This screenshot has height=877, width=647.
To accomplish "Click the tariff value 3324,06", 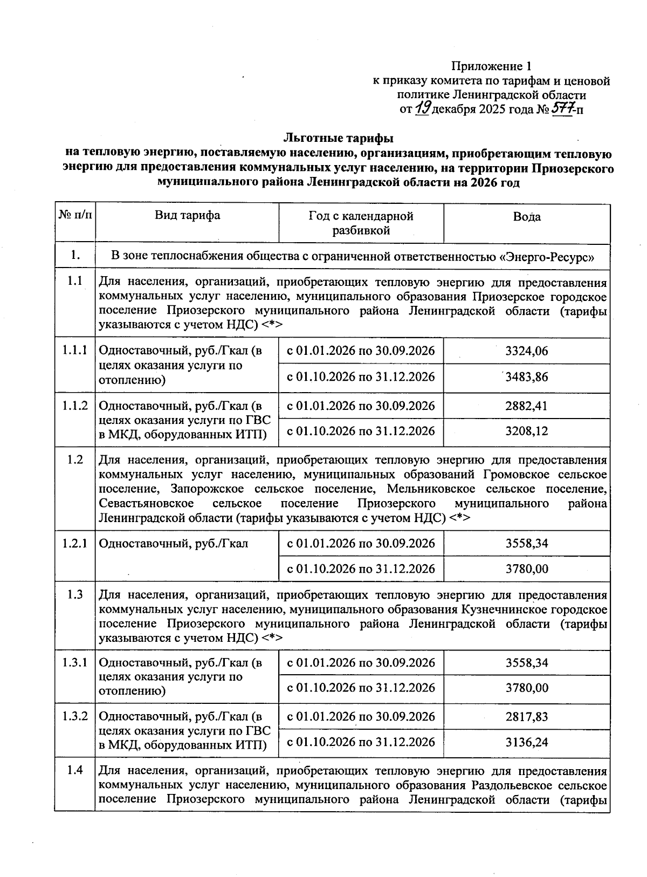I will pos(526,351).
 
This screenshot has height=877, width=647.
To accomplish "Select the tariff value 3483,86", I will pos(526,376).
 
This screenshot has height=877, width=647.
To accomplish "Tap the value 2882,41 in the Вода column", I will pos(526,406).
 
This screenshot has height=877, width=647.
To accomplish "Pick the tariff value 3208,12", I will pos(526,431).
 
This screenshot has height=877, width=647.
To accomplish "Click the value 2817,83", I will pos(526,716).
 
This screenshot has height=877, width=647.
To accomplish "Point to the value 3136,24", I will pos(526,742).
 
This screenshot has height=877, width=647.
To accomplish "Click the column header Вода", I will pos(526,217).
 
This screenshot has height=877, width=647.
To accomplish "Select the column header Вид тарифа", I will pos(187,216).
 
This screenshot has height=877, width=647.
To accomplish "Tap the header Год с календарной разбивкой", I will pos(361,223).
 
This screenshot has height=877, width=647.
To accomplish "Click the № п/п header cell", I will pos(75,216).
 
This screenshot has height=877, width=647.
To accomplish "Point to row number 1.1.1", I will pos(75,350).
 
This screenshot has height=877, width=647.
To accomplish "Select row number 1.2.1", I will pos(75,543).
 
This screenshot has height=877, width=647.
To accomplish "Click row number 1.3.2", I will pos(75,716).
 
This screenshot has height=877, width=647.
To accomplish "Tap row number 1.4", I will pos(75,770).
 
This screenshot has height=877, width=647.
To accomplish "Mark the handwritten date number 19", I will pos(423,109).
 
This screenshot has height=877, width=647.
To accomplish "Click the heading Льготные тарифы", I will pos(339,139).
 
